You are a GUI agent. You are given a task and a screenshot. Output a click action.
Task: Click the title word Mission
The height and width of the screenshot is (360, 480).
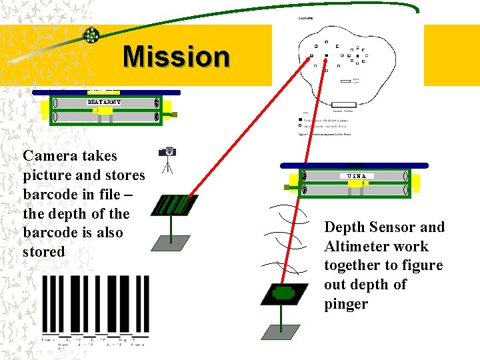[176, 57]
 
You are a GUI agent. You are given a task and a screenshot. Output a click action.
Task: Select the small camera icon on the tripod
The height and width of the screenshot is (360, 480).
[168, 153]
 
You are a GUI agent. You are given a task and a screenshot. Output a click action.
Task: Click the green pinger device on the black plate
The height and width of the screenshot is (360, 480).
[284, 292]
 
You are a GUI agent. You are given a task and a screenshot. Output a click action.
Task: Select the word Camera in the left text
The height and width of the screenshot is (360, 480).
[51, 156]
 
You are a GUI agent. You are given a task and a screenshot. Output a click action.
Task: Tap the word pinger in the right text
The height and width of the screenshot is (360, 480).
[346, 304]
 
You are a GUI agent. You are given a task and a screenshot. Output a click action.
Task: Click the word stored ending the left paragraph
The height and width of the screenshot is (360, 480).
[44, 252]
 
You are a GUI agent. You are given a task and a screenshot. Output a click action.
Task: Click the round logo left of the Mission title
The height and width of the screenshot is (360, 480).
[91, 35]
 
